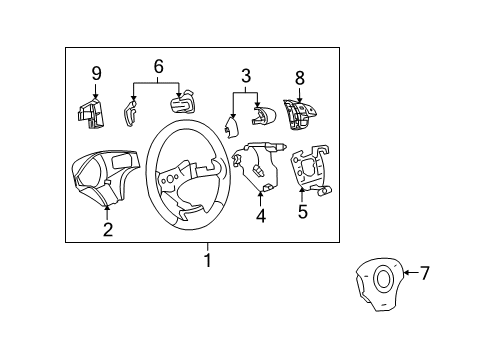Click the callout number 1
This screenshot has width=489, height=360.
[x=208, y=261]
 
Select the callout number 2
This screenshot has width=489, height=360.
[x=107, y=230]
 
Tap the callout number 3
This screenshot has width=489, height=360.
[x=244, y=75]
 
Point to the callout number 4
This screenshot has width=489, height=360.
[x=260, y=213]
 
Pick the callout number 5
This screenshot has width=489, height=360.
[x=302, y=211]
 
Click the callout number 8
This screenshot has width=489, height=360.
[x=299, y=76]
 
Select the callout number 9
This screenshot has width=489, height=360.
[x=96, y=73]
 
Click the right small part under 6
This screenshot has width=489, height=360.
[x=182, y=106]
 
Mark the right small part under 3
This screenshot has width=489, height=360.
[x=262, y=116]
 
